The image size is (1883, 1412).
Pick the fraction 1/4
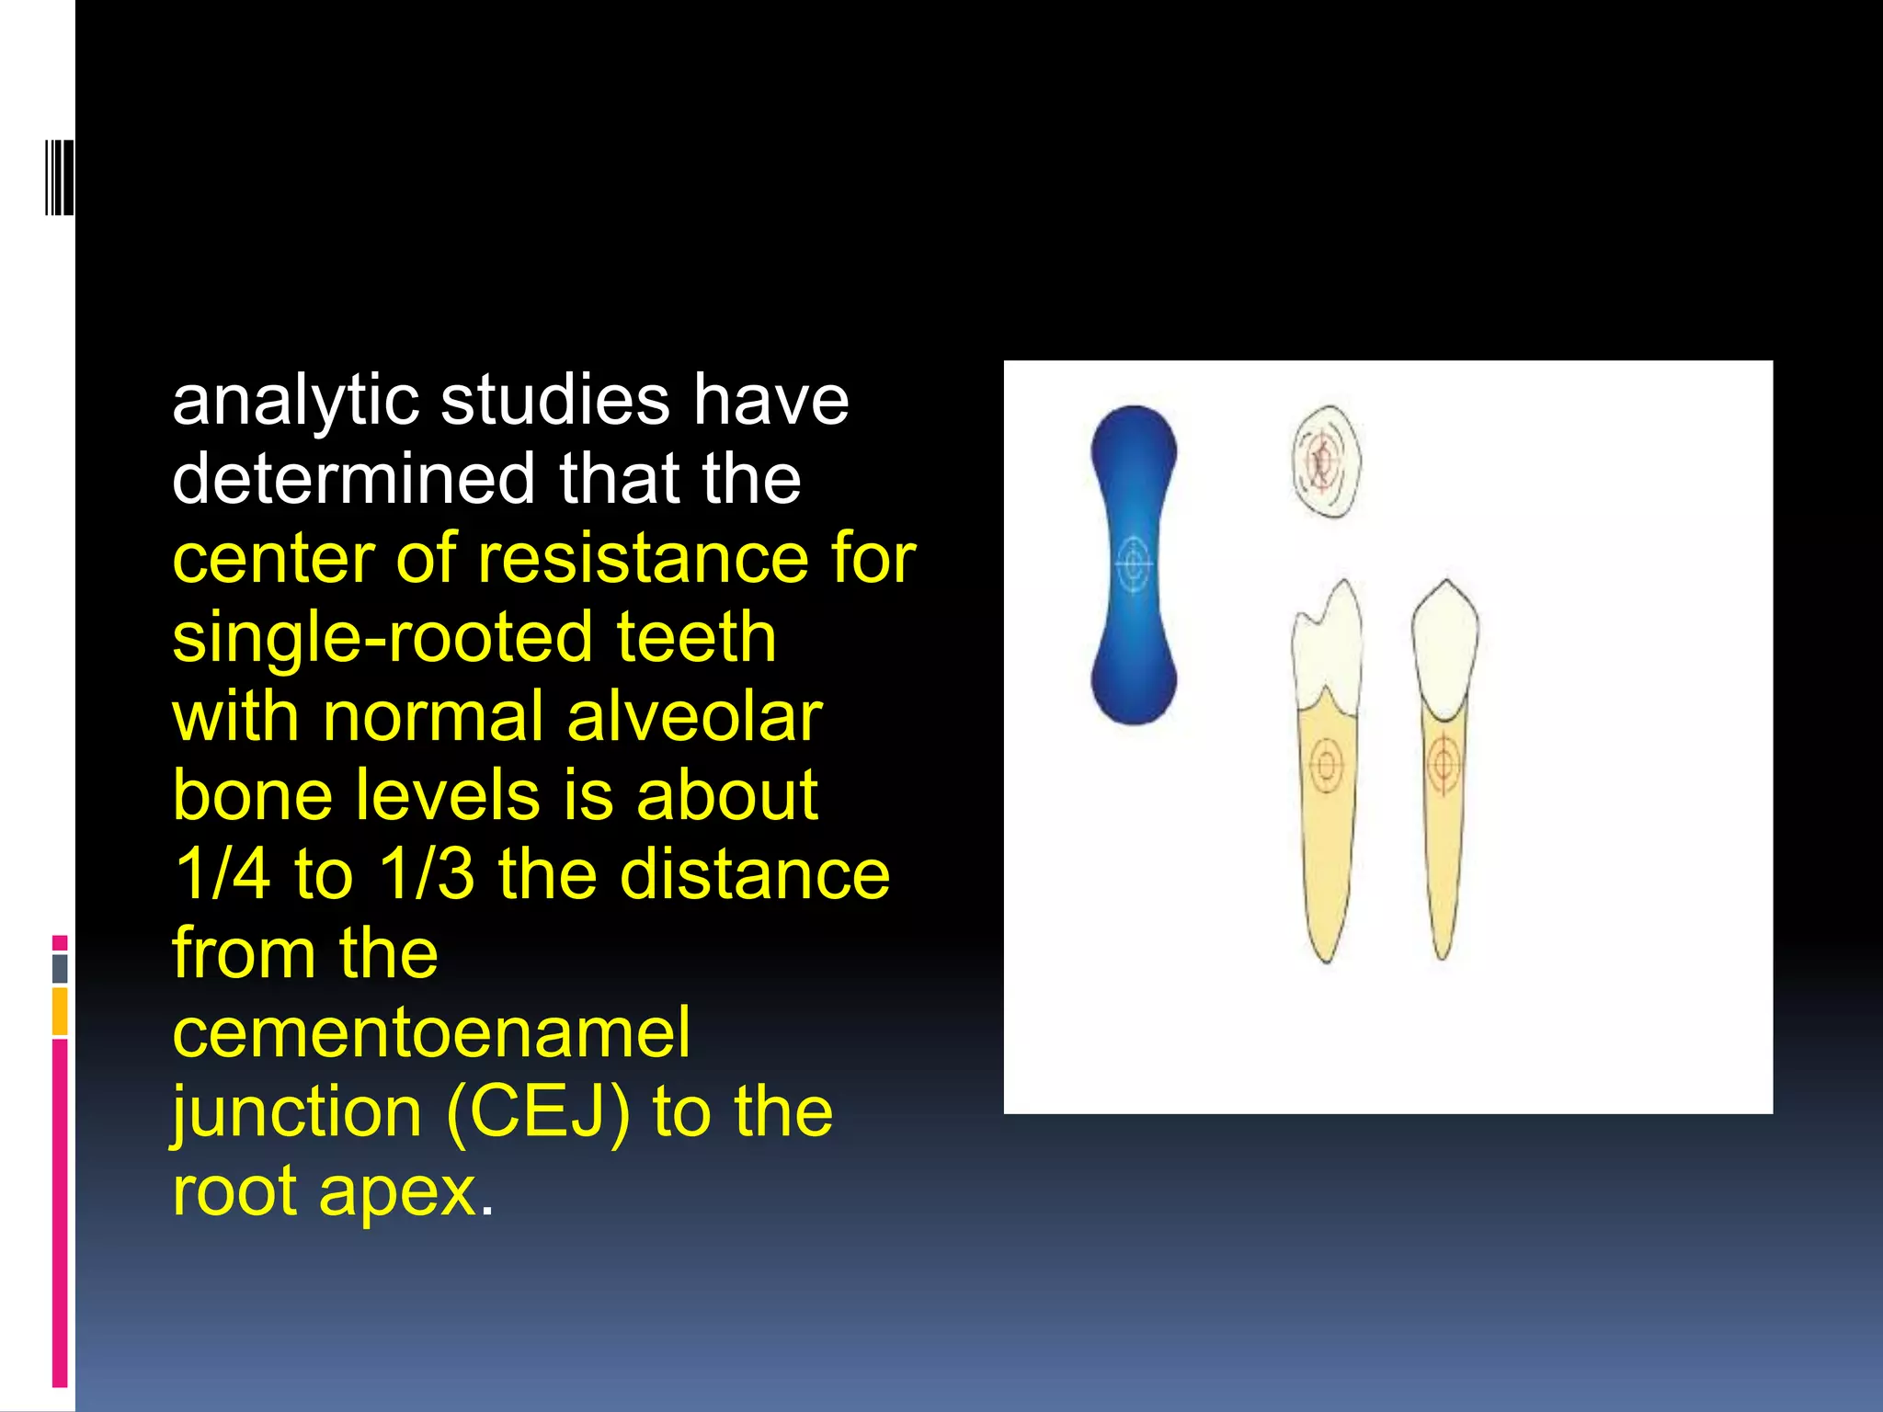click(222, 874)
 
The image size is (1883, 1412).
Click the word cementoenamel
click(430, 1032)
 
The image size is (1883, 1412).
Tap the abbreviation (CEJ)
click(538, 1112)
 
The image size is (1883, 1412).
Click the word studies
click(554, 402)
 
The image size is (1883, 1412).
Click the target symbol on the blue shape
click(1134, 563)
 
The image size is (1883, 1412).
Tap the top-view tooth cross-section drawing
click(1325, 460)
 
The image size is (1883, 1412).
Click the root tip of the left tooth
click(1327, 956)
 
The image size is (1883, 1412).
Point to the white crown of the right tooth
click(1444, 648)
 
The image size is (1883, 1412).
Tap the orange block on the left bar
click(60, 1010)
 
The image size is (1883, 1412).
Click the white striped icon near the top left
click(58, 176)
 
